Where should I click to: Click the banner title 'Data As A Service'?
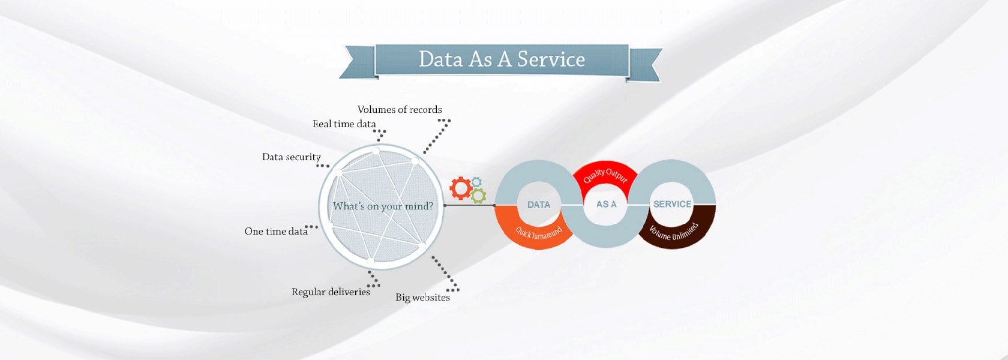(x=502, y=59)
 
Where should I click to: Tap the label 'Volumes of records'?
(x=400, y=109)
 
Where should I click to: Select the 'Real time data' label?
(x=344, y=124)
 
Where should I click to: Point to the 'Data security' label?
(x=291, y=157)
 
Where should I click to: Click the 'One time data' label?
(x=276, y=232)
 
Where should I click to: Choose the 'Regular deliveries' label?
(x=331, y=292)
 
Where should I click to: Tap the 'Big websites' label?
(x=422, y=298)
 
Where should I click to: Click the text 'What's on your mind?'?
(x=383, y=206)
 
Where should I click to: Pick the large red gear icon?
(x=461, y=188)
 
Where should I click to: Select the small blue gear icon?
(x=476, y=181)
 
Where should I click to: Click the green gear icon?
(x=478, y=196)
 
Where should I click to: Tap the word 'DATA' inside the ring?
(x=539, y=205)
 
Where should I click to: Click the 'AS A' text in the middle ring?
(x=606, y=204)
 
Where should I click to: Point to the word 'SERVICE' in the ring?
(x=672, y=204)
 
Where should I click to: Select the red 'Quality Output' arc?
(x=605, y=174)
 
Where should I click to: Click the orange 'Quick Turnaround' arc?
(x=538, y=232)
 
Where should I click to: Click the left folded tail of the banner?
(x=356, y=62)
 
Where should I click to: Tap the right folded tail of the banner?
(x=646, y=64)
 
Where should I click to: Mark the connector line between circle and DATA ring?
(x=469, y=205)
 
